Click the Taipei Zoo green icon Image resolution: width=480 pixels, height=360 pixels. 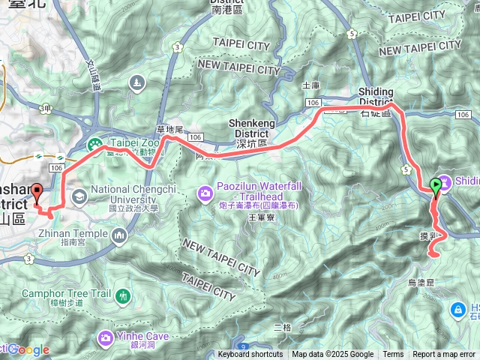(95, 144)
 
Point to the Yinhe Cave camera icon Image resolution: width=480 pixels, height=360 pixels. (106, 338)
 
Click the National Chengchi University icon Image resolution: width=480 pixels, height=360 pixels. (79, 196)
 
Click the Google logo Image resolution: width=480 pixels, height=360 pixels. (28, 349)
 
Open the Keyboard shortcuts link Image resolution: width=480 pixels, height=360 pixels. (250, 355)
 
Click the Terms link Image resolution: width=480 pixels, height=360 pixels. (393, 355)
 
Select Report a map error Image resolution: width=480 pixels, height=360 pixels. (443, 355)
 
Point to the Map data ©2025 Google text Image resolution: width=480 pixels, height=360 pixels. (332, 355)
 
